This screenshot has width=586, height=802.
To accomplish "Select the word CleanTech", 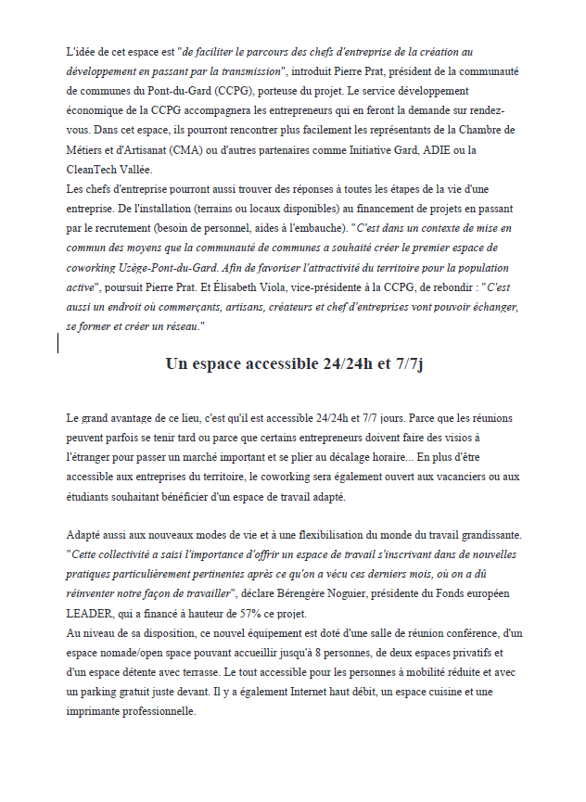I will click(x=96, y=169).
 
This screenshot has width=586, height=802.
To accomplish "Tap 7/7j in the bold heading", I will click(x=404, y=363).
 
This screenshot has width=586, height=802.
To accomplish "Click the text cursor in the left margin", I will click(x=59, y=317).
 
